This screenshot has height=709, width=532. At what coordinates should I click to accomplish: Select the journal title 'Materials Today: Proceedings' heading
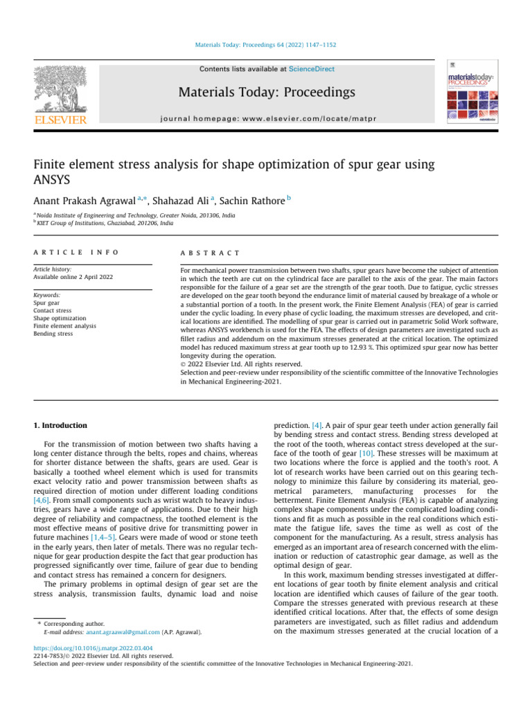coord(267,92)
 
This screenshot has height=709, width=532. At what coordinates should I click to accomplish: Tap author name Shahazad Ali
coord(190,201)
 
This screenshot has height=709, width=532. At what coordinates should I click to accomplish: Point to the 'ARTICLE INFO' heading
coord(76,253)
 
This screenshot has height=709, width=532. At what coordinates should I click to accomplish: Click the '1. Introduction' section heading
coord(61,425)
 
